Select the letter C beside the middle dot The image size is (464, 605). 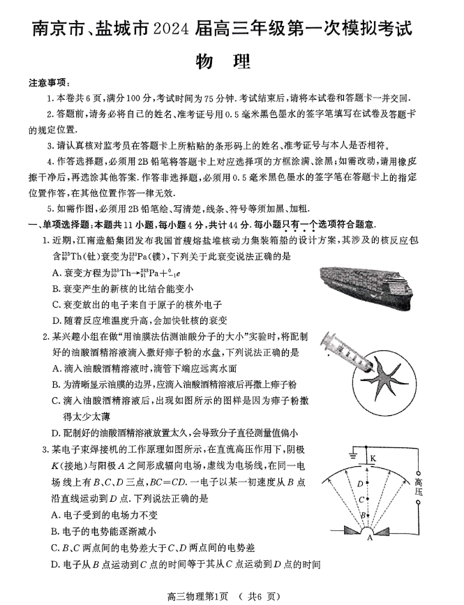point(361,500)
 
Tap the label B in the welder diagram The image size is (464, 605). point(361,516)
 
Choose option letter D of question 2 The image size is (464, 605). point(57,433)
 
